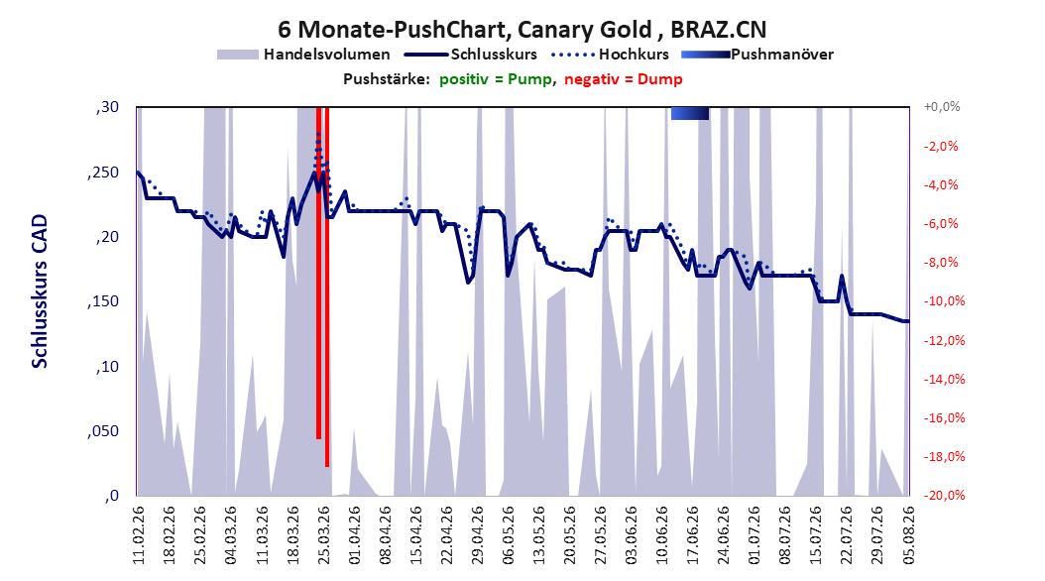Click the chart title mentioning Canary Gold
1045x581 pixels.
522,30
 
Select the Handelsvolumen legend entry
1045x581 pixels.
303,55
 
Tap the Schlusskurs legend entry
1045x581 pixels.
471,55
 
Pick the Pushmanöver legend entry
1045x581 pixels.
757,55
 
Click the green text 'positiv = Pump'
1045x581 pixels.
496,79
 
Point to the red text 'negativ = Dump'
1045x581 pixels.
624,79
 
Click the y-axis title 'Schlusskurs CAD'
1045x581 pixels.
40,290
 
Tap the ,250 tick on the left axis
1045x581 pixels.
103,173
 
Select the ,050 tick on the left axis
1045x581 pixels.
103,431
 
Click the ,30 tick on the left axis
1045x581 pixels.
107,107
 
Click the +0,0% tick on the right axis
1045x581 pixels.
942,107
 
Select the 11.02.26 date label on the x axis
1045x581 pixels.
139,535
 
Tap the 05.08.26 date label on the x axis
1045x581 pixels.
908,535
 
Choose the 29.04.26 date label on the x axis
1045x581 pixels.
477,535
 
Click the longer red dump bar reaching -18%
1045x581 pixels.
327,287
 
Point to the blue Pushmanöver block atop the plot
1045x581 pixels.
690,113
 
